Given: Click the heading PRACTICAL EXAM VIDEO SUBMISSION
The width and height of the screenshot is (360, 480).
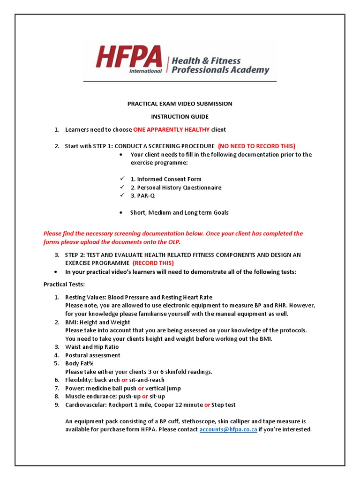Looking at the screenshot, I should [180, 104].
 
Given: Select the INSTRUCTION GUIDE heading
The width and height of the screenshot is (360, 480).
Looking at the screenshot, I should [180, 116].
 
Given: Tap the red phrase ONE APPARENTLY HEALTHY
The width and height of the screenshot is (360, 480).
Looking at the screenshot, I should [172, 129].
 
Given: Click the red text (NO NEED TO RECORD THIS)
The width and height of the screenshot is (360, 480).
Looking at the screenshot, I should [256, 146].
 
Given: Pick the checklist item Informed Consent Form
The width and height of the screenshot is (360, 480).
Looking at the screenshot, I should [166, 179].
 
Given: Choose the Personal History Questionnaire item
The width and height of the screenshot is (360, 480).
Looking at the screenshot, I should [176, 187].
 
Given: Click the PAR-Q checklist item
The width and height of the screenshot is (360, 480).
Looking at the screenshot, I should [142, 195].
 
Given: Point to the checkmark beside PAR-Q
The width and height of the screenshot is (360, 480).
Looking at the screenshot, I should [122, 195].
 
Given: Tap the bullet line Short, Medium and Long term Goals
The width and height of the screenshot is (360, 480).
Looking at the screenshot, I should [179, 212].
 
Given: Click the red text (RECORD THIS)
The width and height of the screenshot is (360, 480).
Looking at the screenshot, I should [153, 263].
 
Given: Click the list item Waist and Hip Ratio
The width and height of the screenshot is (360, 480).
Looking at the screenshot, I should [92, 347].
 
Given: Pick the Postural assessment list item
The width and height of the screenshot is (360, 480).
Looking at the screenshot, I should [92, 355].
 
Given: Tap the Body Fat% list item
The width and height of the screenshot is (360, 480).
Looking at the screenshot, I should [79, 363].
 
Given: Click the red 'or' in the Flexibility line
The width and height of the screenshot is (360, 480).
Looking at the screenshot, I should [124, 380].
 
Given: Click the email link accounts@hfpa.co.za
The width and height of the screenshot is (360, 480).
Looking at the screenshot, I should [228, 429].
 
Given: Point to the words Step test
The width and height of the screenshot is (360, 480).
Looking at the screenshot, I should [224, 405].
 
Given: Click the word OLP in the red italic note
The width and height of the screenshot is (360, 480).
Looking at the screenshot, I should [173, 242].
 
